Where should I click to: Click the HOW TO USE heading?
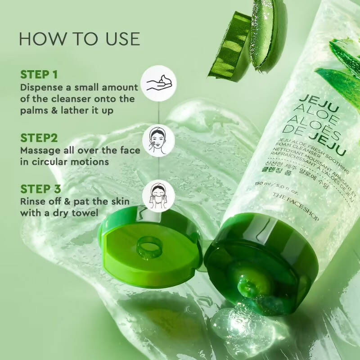[79, 39]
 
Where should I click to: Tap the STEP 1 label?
[39, 74]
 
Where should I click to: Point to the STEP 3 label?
[40, 189]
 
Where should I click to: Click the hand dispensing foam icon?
[159, 85]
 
